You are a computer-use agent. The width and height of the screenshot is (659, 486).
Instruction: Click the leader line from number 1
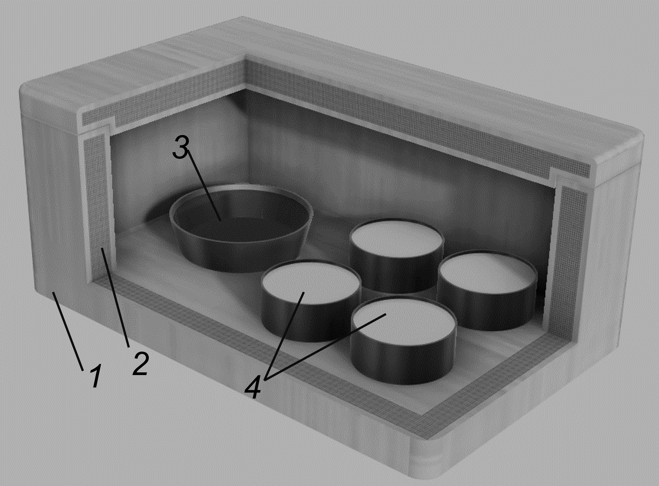click(x=68, y=331)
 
